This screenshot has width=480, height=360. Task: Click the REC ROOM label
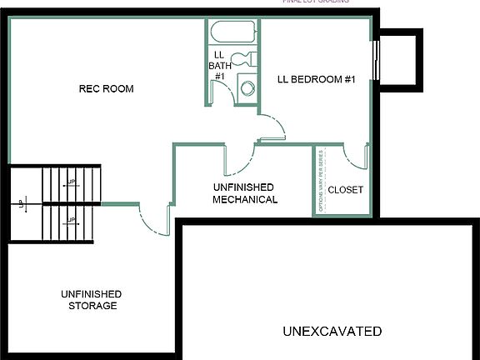(x=106, y=89)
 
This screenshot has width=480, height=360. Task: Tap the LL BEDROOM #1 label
(x=317, y=80)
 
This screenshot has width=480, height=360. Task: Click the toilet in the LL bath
(x=242, y=61)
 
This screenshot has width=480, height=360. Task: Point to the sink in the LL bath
(x=247, y=87)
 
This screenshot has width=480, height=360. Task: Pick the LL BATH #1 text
(x=220, y=65)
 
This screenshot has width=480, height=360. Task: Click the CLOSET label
(x=345, y=190)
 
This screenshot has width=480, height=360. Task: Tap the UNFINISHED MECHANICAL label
(x=244, y=193)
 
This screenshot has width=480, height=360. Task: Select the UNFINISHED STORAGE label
(x=91, y=300)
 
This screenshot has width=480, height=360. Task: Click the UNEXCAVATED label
(x=332, y=331)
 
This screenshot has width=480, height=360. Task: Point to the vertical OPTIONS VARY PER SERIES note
(x=322, y=178)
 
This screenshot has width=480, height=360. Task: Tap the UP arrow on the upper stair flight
(x=72, y=182)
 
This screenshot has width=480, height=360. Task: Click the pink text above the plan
(x=317, y=2)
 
